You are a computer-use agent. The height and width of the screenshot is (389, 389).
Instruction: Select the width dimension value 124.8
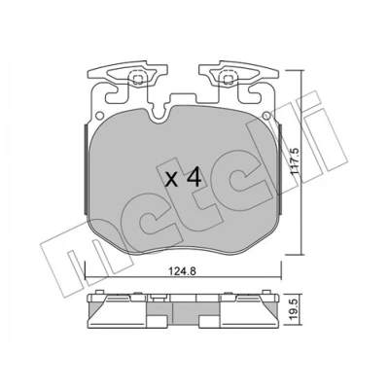pyautogui.click(x=183, y=270)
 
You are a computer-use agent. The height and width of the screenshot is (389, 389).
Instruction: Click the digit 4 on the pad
pyautogui.click(x=194, y=178)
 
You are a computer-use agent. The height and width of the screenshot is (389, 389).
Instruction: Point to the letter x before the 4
pyautogui.click(x=171, y=180)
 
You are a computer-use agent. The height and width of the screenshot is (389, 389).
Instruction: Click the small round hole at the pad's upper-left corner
pyautogui.click(x=100, y=115)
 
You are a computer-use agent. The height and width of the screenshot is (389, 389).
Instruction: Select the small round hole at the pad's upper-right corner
pyautogui.click(x=266, y=115)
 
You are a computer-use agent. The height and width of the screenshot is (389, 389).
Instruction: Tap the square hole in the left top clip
pyautogui.click(x=137, y=79)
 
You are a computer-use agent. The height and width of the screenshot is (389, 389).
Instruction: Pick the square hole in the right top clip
pyautogui.click(x=227, y=79)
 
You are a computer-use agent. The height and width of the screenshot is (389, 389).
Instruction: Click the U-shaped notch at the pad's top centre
pyautogui.click(x=159, y=115)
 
